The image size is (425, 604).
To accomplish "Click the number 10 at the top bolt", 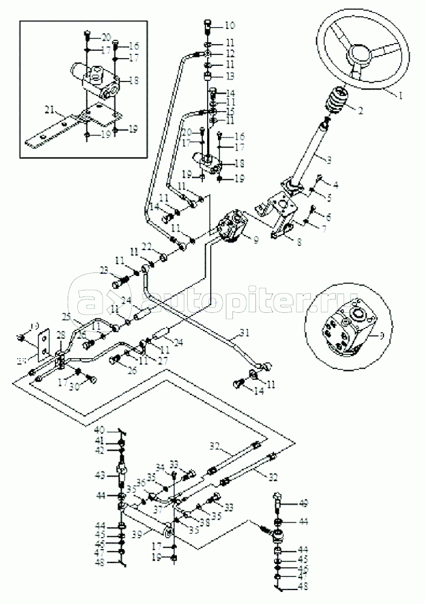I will click(229, 25).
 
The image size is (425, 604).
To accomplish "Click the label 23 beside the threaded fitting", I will click(103, 271).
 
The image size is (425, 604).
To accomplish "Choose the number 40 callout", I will click(99, 430).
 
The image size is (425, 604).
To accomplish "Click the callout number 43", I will click(99, 475).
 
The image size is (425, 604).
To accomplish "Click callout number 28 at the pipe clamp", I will click(60, 335).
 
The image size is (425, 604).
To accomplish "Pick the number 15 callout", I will click(229, 112).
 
